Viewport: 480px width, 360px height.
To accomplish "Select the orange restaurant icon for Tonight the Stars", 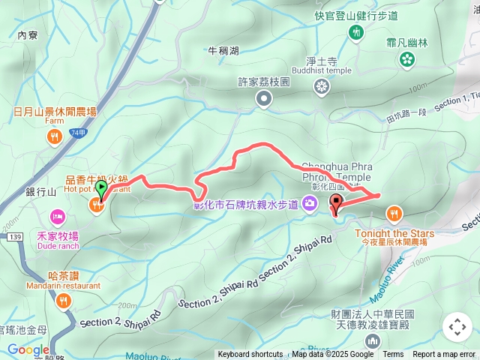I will (x=394, y=215).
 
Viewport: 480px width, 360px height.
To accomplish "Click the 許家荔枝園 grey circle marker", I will (x=264, y=97).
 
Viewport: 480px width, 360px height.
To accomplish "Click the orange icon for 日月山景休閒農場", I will (x=54, y=136).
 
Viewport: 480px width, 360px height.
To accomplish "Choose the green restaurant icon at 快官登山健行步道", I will (x=356, y=31).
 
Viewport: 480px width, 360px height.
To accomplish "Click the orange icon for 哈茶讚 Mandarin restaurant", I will (x=63, y=301).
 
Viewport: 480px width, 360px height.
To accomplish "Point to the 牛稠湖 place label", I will (x=223, y=51).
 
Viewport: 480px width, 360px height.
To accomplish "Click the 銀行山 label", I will (x=41, y=192).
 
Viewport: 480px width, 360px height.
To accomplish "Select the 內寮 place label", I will (x=27, y=34).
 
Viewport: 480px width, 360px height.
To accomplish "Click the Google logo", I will (x=28, y=349).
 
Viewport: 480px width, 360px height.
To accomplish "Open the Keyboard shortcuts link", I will (x=250, y=355).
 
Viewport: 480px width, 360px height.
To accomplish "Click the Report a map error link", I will (x=445, y=355).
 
